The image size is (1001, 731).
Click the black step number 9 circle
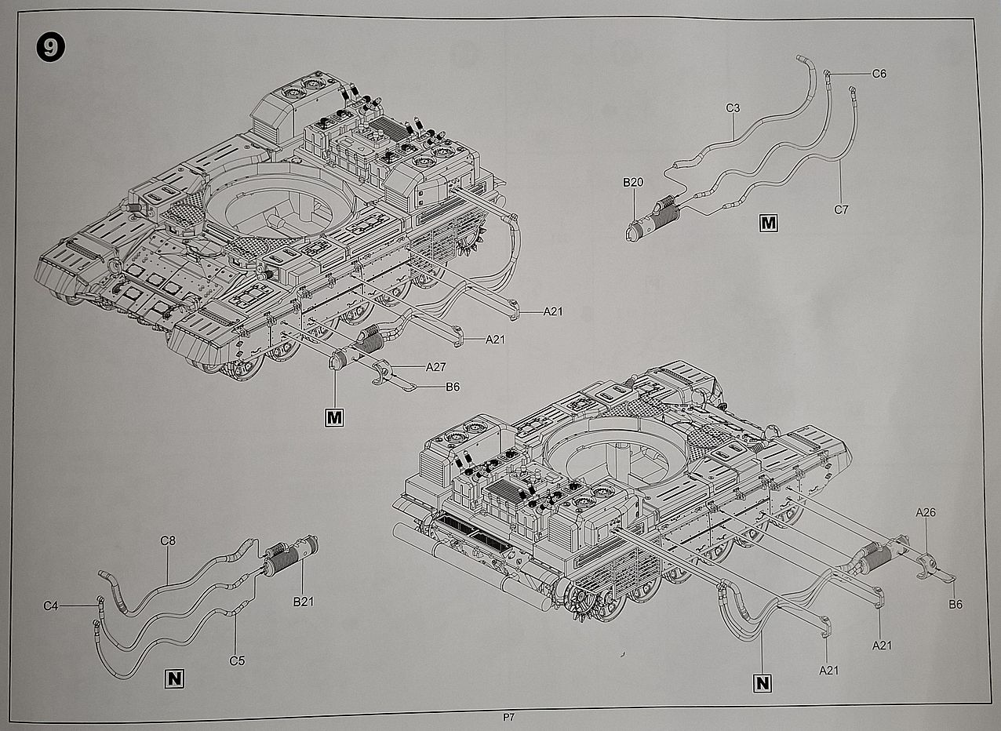point(50,48)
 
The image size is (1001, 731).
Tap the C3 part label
point(733,108)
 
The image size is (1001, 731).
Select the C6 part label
point(879,74)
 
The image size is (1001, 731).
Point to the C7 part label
point(842,209)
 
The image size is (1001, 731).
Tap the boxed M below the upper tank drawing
point(335,417)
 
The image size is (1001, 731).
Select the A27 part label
point(436,366)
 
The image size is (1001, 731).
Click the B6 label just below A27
point(453,387)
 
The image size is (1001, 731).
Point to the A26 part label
point(926,512)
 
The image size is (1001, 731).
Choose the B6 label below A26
point(955,604)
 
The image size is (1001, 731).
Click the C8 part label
point(168,540)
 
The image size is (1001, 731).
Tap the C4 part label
point(51,606)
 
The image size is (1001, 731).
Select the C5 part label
point(237,660)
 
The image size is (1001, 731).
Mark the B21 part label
point(304,602)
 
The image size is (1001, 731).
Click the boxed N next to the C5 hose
point(174,678)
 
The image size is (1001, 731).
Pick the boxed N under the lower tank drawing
point(762,682)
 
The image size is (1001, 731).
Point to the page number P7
point(509,717)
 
